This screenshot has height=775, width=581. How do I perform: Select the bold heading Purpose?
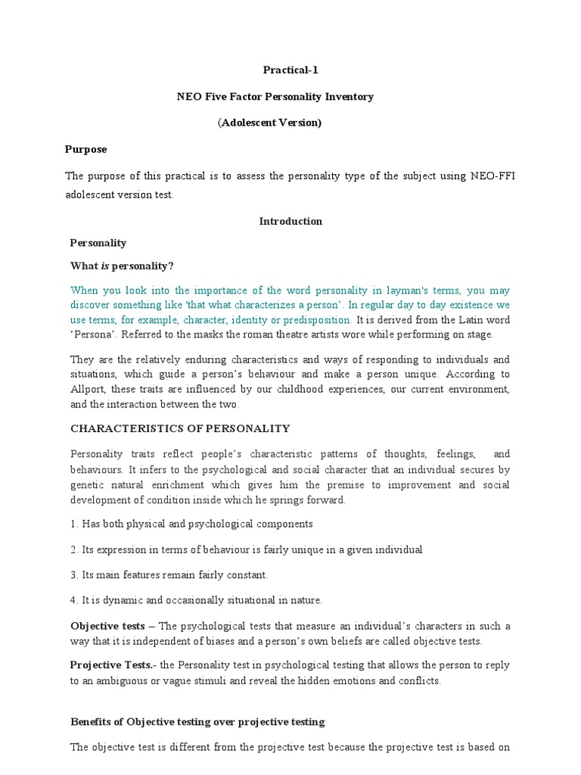click(85, 149)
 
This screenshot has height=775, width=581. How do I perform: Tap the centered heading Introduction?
click(290, 221)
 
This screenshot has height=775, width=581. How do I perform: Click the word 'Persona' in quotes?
click(89, 334)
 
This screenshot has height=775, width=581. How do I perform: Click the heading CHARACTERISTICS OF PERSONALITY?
click(180, 428)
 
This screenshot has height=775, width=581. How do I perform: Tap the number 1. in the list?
click(74, 524)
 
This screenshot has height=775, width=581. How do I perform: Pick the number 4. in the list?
click(74, 600)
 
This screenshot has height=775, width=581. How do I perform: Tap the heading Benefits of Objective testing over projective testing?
click(197, 721)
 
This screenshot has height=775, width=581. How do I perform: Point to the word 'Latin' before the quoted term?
click(468, 319)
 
